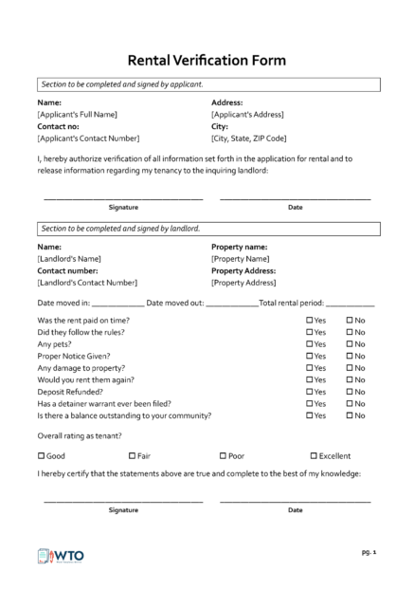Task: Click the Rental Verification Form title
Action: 206,60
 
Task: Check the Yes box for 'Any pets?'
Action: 310,344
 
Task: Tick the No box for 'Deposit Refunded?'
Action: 350,392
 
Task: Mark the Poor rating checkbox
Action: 223,455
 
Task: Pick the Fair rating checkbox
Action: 132,455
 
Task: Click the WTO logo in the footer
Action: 59,557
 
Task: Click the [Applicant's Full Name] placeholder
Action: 77,114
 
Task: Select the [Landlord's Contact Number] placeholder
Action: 87,282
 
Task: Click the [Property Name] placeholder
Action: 241,258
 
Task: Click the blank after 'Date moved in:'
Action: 118,304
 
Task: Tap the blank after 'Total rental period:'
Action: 351,304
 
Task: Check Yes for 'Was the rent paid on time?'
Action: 310,321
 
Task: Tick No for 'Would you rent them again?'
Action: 350,380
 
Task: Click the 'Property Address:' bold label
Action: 243,270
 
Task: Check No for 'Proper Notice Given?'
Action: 350,357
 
